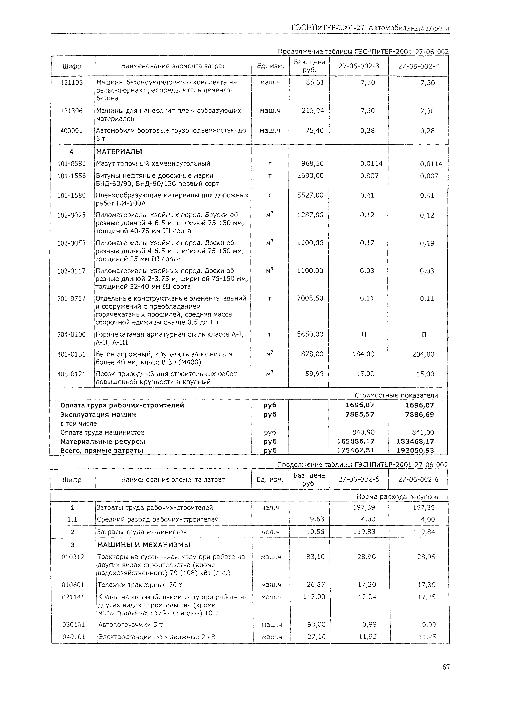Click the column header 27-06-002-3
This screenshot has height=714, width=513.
click(x=359, y=66)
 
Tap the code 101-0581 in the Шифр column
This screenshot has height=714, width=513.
click(x=71, y=164)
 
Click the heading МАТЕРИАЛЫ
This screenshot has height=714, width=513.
click(x=119, y=152)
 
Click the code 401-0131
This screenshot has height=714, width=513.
click(x=71, y=354)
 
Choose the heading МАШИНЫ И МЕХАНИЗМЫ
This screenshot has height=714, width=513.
click(x=144, y=545)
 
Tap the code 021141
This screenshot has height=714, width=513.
click(x=73, y=597)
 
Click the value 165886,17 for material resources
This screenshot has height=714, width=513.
click(x=356, y=441)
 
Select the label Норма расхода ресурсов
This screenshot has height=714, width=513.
click(x=397, y=497)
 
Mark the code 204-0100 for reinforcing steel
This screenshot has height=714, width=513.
click(x=71, y=334)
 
